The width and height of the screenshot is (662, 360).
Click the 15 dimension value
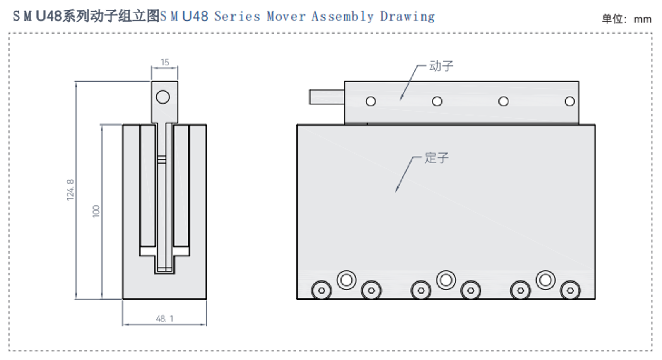(x=165, y=63)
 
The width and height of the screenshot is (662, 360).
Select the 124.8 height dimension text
(x=70, y=190)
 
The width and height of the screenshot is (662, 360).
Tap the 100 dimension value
(x=96, y=211)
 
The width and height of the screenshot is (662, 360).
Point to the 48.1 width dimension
(x=164, y=319)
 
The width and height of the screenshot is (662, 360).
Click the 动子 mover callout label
(x=441, y=66)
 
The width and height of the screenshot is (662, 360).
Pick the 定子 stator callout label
(x=436, y=158)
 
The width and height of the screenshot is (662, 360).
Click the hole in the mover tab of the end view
(x=163, y=97)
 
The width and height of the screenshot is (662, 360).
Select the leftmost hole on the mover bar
(x=371, y=101)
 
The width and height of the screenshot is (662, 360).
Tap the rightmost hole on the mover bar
(x=570, y=101)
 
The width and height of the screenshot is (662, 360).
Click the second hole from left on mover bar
(x=437, y=101)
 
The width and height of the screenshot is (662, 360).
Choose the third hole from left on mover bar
(x=503, y=101)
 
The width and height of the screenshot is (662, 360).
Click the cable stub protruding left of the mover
(x=327, y=97)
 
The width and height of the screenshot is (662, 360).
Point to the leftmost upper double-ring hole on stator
(x=347, y=280)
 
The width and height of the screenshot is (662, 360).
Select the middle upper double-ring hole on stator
(x=446, y=280)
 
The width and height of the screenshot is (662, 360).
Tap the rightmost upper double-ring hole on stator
(x=545, y=280)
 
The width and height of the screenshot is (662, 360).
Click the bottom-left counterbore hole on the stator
(x=321, y=290)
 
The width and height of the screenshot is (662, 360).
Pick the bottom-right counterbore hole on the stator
(x=570, y=290)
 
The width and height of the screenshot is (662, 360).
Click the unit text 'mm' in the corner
(x=642, y=19)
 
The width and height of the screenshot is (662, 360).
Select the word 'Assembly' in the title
(x=342, y=17)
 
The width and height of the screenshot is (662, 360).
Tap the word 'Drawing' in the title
(x=407, y=17)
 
